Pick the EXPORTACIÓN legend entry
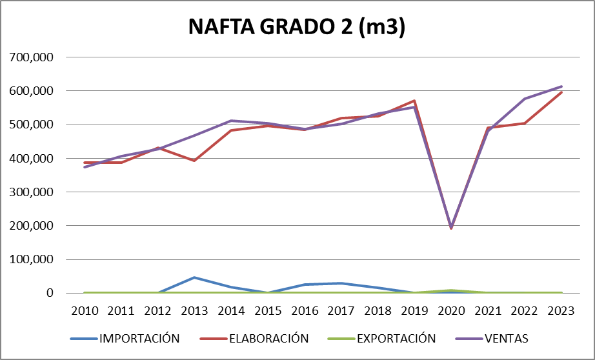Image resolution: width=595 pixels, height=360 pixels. (x=387, y=338)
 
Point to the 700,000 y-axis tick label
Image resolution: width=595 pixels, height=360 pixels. (x=32, y=57)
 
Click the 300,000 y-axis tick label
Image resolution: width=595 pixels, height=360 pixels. (x=32, y=192)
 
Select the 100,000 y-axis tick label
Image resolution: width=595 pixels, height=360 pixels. (x=32, y=259)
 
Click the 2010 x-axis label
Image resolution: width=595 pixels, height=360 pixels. (x=85, y=310)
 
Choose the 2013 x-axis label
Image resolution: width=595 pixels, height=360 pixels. (x=195, y=310)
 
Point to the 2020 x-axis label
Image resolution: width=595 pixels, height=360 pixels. (x=451, y=310)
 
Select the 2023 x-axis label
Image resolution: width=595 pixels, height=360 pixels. (x=561, y=310)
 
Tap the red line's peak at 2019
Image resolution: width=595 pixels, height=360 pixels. (x=414, y=101)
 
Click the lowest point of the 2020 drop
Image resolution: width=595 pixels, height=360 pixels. (x=451, y=228)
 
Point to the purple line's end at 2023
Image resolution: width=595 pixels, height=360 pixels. (x=561, y=86)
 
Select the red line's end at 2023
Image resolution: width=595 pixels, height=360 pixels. (x=561, y=92)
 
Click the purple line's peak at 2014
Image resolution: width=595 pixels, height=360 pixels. (x=232, y=121)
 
